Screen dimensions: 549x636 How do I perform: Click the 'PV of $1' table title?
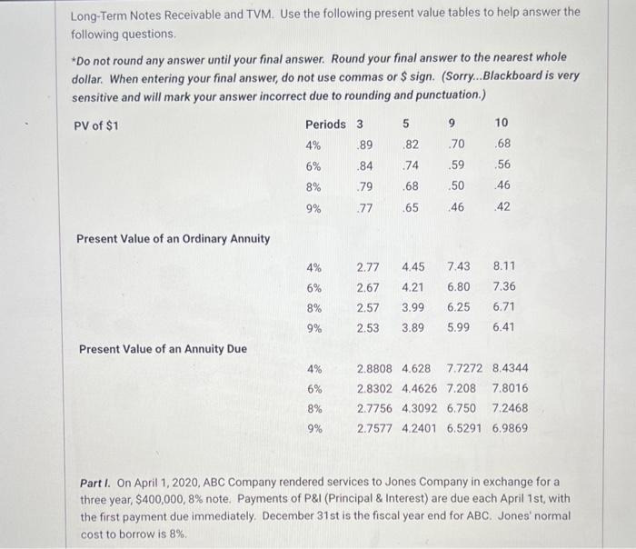(x=95, y=125)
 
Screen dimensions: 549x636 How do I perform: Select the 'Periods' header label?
(x=325, y=124)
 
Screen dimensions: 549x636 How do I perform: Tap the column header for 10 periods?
(x=502, y=123)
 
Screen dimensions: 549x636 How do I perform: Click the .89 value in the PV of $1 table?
(x=364, y=145)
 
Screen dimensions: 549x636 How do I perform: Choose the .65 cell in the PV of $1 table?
(x=411, y=206)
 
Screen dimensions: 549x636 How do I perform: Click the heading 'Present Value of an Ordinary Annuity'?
(x=173, y=239)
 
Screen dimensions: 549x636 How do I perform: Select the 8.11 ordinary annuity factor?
(x=503, y=266)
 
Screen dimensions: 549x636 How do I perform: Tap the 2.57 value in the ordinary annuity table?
(x=368, y=307)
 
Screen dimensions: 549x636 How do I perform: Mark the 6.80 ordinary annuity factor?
(x=459, y=287)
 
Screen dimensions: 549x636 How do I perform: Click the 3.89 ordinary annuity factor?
(x=413, y=327)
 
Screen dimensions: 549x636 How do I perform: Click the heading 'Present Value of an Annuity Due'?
(x=163, y=348)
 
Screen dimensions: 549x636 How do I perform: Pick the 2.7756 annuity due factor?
(x=375, y=408)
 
